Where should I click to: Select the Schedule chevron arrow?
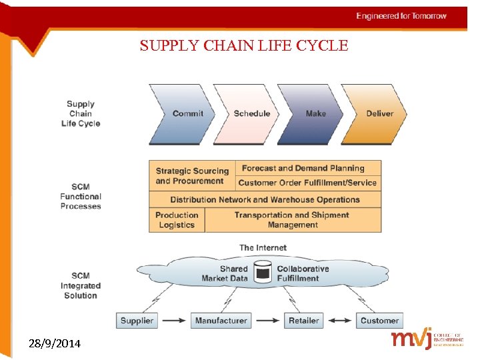coord(251,114)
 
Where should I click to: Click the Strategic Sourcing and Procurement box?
coord(192,176)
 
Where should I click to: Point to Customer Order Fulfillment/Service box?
coord(307,183)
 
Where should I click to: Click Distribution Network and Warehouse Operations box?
coord(265,199)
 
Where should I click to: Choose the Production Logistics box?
coord(177,220)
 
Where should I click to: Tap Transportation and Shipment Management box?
coord(292,220)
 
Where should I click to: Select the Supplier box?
coord(137,321)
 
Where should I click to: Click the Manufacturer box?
coord(221,321)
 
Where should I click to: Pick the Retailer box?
coord(303,321)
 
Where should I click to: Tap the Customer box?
coord(379,321)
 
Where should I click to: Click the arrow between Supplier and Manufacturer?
coord(174,321)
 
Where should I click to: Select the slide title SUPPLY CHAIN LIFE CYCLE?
coord(244,46)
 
